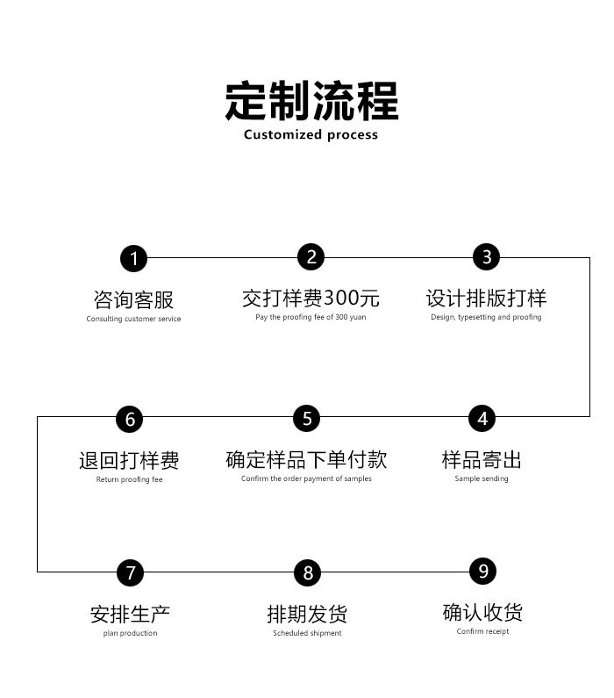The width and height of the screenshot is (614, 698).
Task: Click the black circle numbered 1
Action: pyautogui.click(x=133, y=258)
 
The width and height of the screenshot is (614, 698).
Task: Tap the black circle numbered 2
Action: pyautogui.click(x=311, y=257)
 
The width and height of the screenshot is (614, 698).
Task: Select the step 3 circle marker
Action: pyautogui.click(x=487, y=257)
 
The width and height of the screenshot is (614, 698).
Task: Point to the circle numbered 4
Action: pyautogui.click(x=482, y=419)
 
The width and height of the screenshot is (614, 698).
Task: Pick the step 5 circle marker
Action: pyautogui.click(x=306, y=419)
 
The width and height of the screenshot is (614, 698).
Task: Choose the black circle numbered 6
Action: pyautogui.click(x=130, y=419)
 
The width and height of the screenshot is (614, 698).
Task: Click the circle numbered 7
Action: pyautogui.click(x=131, y=572)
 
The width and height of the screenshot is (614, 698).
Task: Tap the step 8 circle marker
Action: pyautogui.click(x=307, y=572)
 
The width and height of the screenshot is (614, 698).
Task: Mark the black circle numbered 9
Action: pyautogui.click(x=482, y=572)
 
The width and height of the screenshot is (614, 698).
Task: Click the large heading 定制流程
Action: pyautogui.click(x=311, y=101)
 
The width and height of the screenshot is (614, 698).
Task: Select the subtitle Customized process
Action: pyautogui.click(x=311, y=134)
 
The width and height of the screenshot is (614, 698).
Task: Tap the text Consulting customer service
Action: pyautogui.click(x=133, y=319)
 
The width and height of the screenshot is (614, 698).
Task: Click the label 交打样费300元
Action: pyautogui.click(x=311, y=298)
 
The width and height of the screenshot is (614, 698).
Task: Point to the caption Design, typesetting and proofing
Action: pyautogui.click(x=486, y=317)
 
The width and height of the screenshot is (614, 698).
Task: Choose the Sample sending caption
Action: pyautogui.click(x=482, y=479)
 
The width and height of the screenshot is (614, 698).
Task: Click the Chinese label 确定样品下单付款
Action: pyautogui.click(x=306, y=459)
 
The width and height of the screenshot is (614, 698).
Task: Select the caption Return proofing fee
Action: pyautogui.click(x=130, y=479)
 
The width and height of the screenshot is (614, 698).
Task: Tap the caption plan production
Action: pyautogui.click(x=131, y=633)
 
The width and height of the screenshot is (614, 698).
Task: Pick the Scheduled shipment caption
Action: pyautogui.click(x=307, y=633)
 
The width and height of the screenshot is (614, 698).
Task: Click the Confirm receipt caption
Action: pyautogui.click(x=482, y=631)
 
